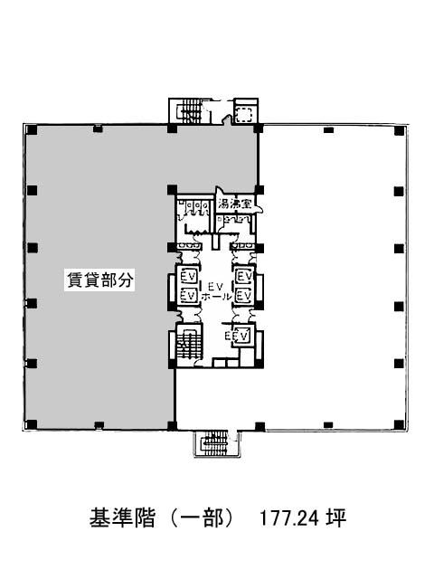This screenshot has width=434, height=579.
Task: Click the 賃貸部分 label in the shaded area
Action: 99,280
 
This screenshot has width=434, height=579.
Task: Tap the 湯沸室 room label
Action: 235,204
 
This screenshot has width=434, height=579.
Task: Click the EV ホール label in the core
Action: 217,291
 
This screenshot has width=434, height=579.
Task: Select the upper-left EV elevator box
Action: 188,276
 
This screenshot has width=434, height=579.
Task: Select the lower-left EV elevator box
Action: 188,296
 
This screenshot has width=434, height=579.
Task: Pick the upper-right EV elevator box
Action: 243,276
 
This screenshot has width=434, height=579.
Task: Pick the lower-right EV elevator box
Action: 243,296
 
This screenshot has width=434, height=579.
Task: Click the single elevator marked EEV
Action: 239,336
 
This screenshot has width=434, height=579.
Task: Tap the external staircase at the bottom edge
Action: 217,443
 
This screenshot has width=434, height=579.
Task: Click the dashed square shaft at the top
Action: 244,115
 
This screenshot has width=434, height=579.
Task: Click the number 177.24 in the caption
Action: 289,517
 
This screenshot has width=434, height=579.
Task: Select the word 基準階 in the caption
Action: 122,517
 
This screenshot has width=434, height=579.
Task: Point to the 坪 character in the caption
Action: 335,517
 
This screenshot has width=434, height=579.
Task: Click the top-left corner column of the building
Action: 33,129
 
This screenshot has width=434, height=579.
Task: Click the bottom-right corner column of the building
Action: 399,424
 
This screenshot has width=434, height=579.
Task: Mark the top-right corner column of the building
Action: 399,131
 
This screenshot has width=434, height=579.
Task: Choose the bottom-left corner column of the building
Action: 32,424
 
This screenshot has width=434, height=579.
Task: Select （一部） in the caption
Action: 203,517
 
